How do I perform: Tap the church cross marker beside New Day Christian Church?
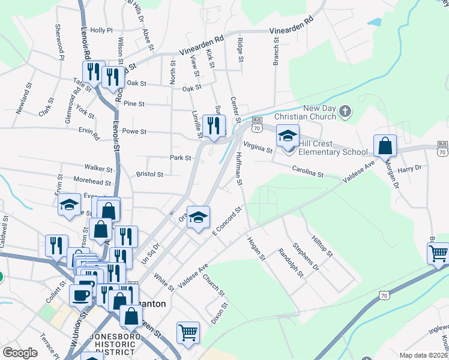(x=345, y=111)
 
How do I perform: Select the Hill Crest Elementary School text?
(x=333, y=152)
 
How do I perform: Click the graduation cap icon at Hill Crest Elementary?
(x=288, y=136)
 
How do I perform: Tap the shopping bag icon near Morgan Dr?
(x=385, y=145)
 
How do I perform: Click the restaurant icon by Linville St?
(x=213, y=125)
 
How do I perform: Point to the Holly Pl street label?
(x=101, y=30)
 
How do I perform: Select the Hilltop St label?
(x=322, y=246)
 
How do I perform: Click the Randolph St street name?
(x=290, y=263)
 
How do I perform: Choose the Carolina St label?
(x=308, y=172)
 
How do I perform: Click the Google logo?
(x=20, y=353)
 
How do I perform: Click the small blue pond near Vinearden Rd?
(x=375, y=23)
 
